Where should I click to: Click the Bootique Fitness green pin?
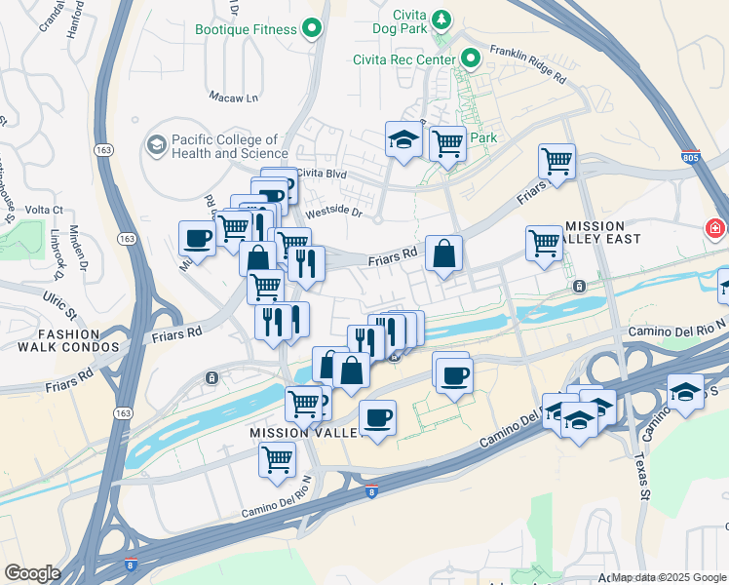tap(312, 29)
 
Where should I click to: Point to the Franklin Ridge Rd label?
tap(528, 64)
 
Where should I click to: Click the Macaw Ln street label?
tap(234, 97)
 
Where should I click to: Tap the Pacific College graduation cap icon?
tap(155, 145)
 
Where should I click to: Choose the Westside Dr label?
tap(333, 212)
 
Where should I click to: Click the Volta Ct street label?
tap(44, 210)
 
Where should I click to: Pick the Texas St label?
tap(640, 478)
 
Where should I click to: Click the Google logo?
tap(32, 573)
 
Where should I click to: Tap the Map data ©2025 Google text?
tap(669, 577)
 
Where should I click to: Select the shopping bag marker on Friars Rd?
tap(443, 255)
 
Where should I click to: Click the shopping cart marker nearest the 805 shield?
tap(556, 161)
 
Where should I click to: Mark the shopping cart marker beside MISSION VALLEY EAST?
tap(544, 244)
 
